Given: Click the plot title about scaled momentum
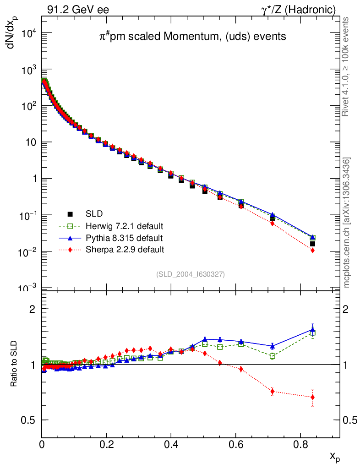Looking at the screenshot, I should tap(193, 37).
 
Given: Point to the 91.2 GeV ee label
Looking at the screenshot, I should tap(78, 9).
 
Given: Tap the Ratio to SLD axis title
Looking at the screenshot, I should tap(14, 364).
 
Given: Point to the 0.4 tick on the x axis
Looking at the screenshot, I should tap(171, 444).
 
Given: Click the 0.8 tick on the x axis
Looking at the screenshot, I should tap(300, 444).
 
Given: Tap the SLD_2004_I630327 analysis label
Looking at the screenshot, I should tap(191, 274).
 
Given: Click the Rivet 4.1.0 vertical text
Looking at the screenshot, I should tap(346, 66).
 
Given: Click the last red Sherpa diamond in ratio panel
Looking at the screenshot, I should tap(312, 397).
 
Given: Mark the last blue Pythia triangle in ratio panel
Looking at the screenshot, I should tap(313, 329).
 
